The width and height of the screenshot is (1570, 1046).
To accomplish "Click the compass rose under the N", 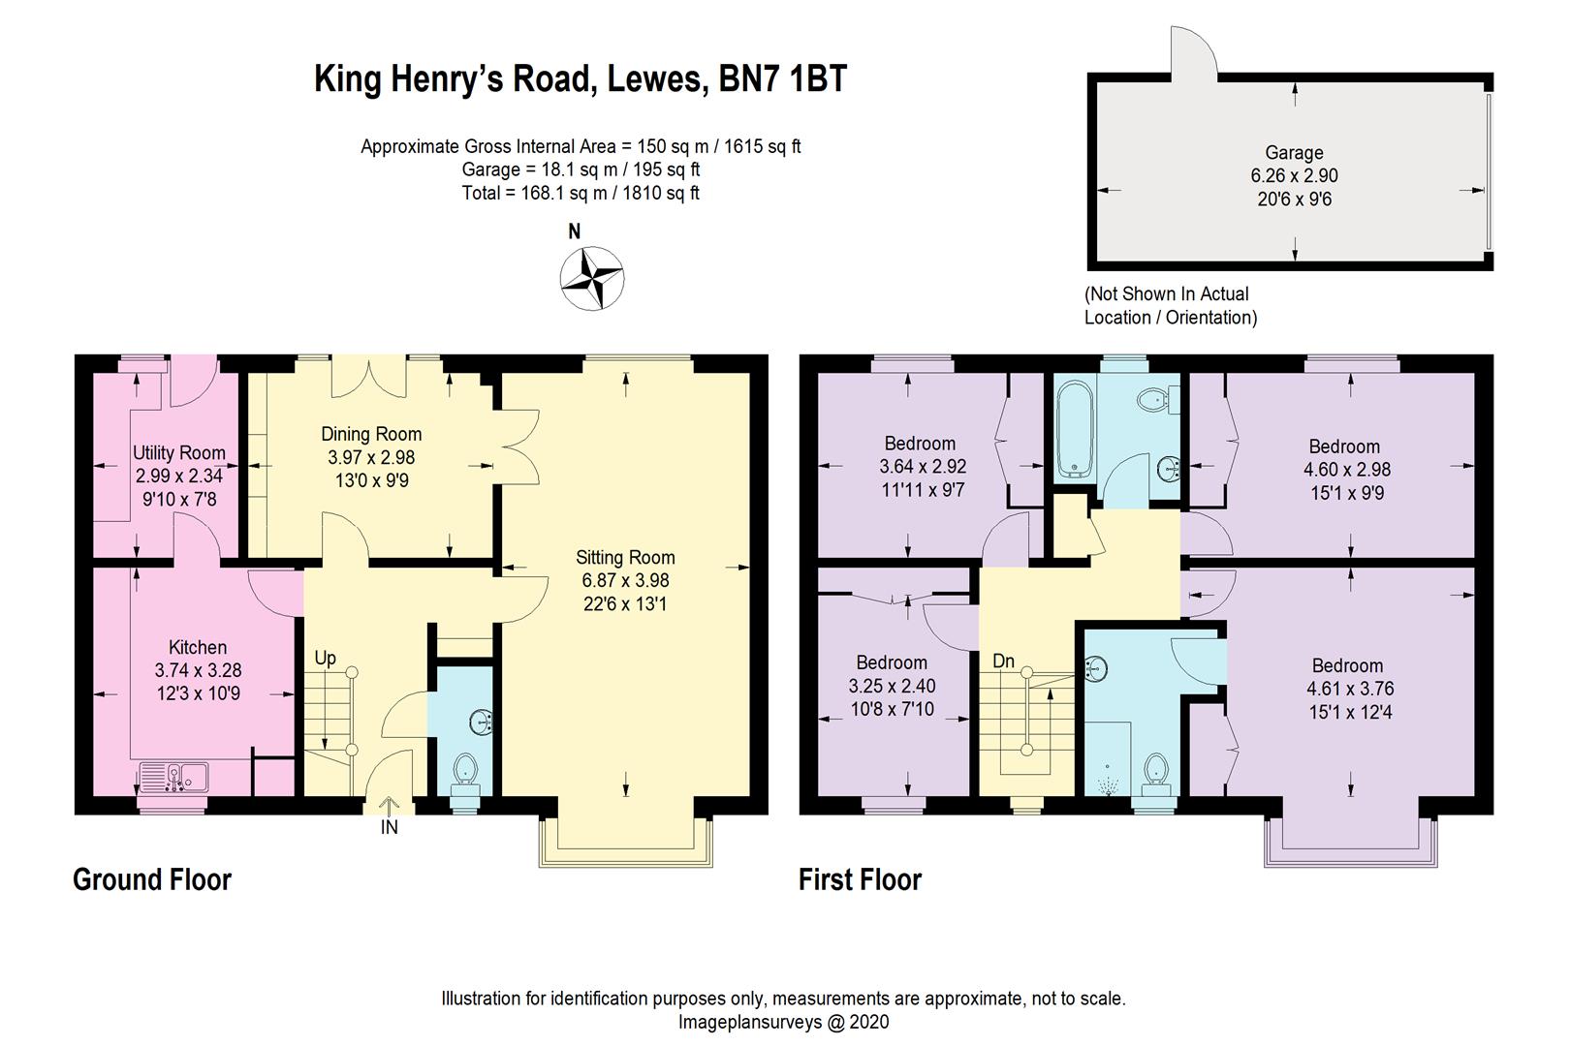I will click(x=591, y=279).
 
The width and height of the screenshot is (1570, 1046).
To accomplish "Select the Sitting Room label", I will click(x=625, y=557).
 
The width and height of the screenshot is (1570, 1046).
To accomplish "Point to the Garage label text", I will click(x=1294, y=152).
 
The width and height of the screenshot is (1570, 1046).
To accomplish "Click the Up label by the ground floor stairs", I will click(x=325, y=658).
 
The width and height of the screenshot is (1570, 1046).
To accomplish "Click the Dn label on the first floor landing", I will click(x=1003, y=661).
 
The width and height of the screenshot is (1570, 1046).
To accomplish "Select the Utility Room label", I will click(x=179, y=452).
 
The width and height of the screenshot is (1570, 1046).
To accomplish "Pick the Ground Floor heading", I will click(x=152, y=879).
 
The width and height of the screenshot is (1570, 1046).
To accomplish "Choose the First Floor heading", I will click(x=860, y=879).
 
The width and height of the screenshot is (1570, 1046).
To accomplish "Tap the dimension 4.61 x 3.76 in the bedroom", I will click(x=1347, y=689).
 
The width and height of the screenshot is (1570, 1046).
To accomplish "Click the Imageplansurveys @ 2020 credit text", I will click(x=783, y=1022).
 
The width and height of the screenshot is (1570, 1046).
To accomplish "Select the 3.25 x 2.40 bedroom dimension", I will click(x=892, y=686).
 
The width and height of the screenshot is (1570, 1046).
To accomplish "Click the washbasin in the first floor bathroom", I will click(x=1169, y=470).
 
